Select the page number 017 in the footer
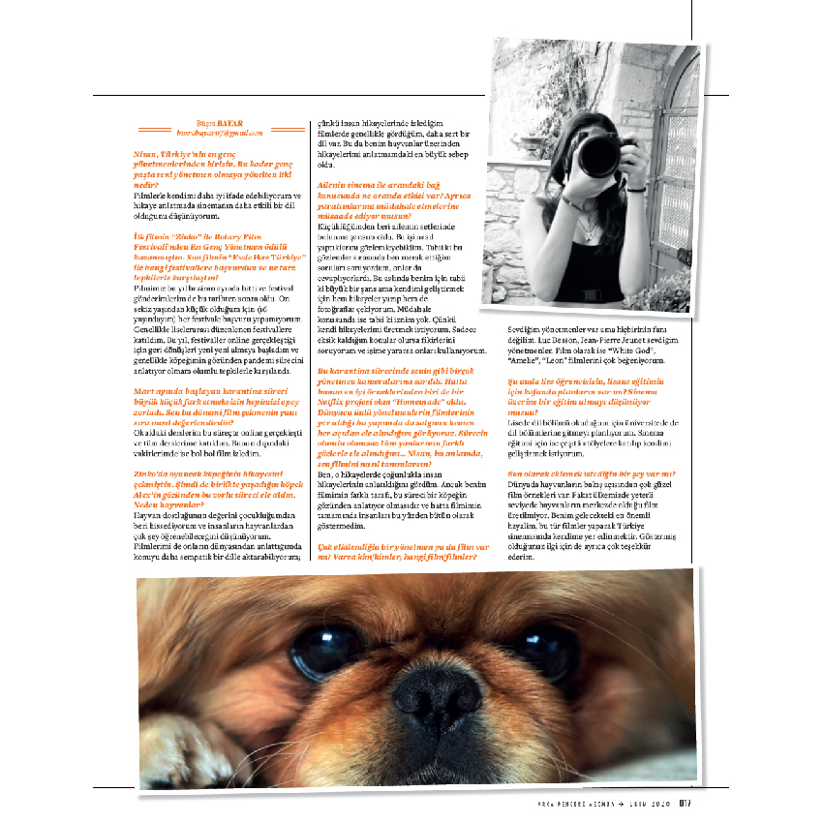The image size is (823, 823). (x=684, y=801)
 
